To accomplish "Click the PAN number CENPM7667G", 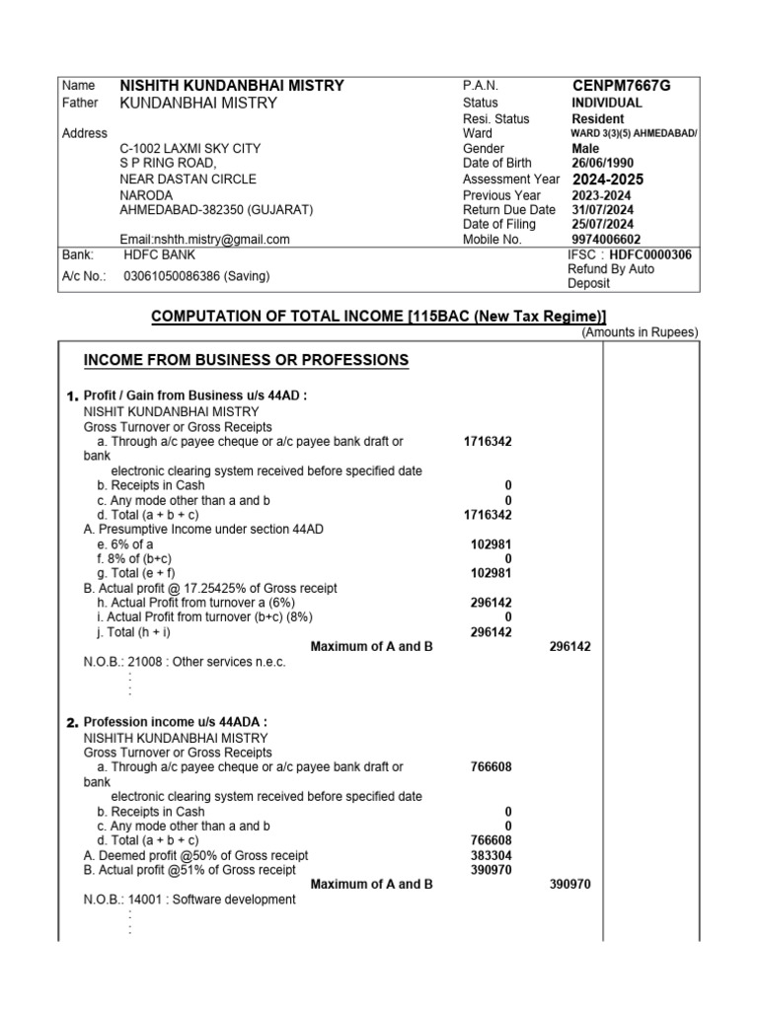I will tap(621, 86).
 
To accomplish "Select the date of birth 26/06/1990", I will tap(603, 163).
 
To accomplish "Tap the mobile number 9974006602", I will tap(605, 239).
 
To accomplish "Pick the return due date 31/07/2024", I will tap(603, 209).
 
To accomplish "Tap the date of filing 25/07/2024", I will tap(603, 224).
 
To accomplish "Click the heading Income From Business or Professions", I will tap(246, 360).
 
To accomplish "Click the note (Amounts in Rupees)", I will tap(640, 332).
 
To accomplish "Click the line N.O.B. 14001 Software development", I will tap(189, 900).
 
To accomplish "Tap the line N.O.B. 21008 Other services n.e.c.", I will tap(185, 662).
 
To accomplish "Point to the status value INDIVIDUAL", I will tap(606, 103).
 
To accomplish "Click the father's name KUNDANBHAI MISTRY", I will tap(198, 103).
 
